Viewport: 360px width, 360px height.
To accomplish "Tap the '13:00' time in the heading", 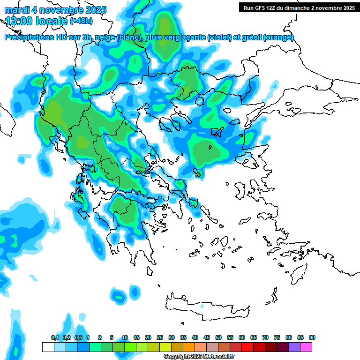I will [x=19, y=21].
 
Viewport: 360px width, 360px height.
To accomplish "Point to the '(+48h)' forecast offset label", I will [x=81, y=21].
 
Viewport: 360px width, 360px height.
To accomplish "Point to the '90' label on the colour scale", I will [x=312, y=337].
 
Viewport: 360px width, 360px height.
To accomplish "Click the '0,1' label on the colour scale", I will [x=54, y=337].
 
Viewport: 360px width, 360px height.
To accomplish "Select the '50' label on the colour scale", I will [x=218, y=337].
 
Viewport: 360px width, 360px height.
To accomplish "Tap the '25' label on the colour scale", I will [x=160, y=337].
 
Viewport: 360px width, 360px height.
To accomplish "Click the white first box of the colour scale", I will [x=48, y=347].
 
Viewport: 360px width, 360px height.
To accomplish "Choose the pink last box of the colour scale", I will [x=306, y=347].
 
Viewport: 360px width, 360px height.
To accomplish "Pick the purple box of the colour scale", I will [x=294, y=347].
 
